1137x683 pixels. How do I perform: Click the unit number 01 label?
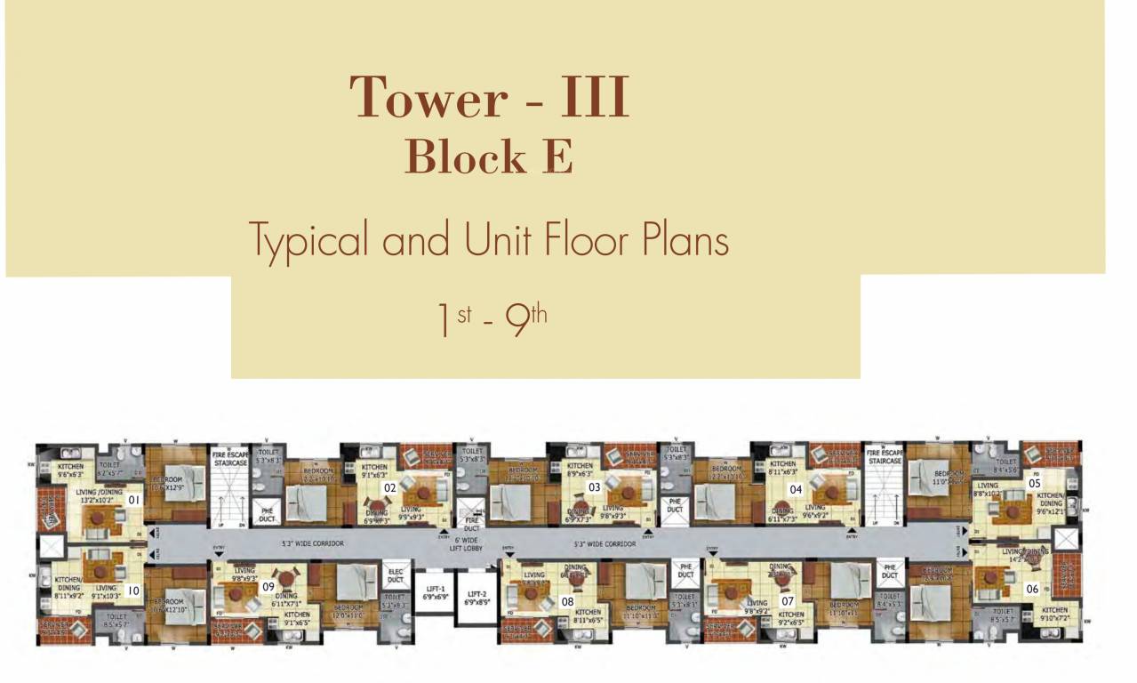[135, 500]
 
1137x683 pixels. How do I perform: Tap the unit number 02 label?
[389, 487]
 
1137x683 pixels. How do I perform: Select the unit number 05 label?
[1034, 482]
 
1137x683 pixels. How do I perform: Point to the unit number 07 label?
[787, 600]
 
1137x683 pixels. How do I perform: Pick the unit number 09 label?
[268, 586]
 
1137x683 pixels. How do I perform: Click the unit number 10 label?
[133, 590]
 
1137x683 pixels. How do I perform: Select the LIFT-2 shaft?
[478, 598]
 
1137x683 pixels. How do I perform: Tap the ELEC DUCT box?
[395, 575]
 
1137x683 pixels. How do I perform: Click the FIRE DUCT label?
[471, 525]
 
